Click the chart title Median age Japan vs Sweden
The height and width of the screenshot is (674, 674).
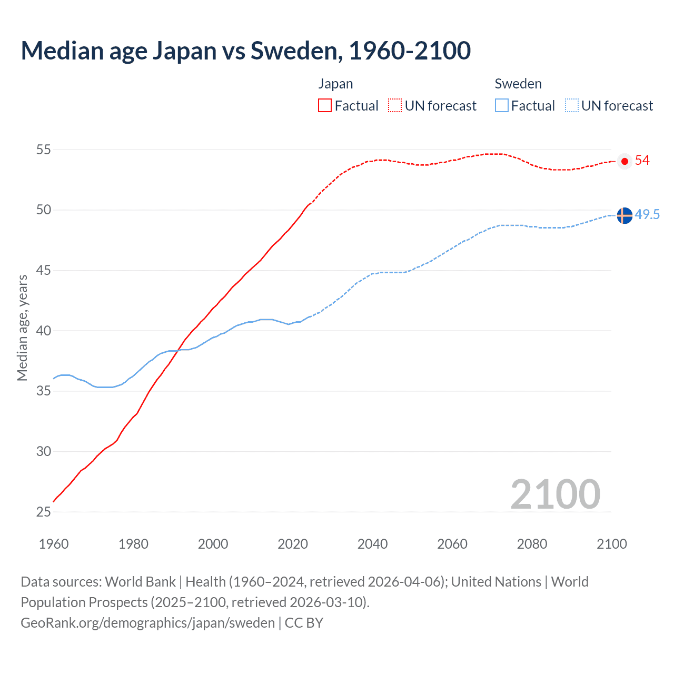point(245,51)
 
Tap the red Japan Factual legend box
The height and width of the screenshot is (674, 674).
point(325,105)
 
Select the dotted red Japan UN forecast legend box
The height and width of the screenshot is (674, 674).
point(395,105)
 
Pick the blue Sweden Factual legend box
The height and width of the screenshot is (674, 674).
point(502,105)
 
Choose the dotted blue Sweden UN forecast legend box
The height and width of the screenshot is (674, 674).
point(572,105)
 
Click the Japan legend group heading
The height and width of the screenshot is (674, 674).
point(335,84)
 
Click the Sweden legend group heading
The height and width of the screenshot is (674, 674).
point(518,84)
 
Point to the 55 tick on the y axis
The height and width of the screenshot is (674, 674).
point(44,150)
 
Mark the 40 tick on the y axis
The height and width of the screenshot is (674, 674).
point(44,331)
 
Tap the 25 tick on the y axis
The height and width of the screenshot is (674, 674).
point(44,512)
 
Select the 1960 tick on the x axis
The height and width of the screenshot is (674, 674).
point(54,544)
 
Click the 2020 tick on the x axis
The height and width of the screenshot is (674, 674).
point(293,544)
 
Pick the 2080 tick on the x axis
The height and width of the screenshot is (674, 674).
point(532,544)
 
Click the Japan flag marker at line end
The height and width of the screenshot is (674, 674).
point(625,161)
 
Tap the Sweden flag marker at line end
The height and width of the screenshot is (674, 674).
point(625,215)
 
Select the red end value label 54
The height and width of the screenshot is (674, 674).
point(642,161)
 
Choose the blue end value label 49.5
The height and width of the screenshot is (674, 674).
point(647,215)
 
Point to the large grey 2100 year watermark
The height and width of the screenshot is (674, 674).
point(556,494)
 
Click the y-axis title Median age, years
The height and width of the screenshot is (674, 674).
point(22,328)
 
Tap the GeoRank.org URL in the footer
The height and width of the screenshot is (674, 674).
point(147,623)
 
